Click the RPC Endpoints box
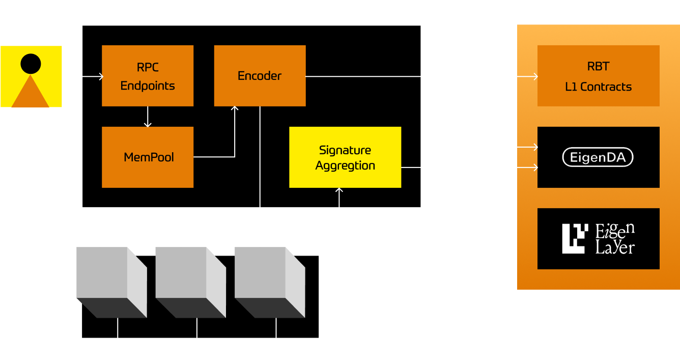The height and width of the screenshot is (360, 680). pos(148,76)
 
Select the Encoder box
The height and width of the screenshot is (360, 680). pos(260,76)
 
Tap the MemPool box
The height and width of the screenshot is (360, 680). pos(148,157)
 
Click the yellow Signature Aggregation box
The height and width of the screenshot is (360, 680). pos(345,157)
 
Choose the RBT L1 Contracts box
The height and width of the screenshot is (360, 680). pos(598,76)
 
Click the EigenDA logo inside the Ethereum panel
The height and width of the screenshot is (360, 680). pos(598,157)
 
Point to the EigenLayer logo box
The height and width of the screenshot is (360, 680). pos(598,239)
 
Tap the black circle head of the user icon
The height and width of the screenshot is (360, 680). pos(31,64)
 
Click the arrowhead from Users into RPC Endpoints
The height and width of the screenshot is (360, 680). pos(100,76)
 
